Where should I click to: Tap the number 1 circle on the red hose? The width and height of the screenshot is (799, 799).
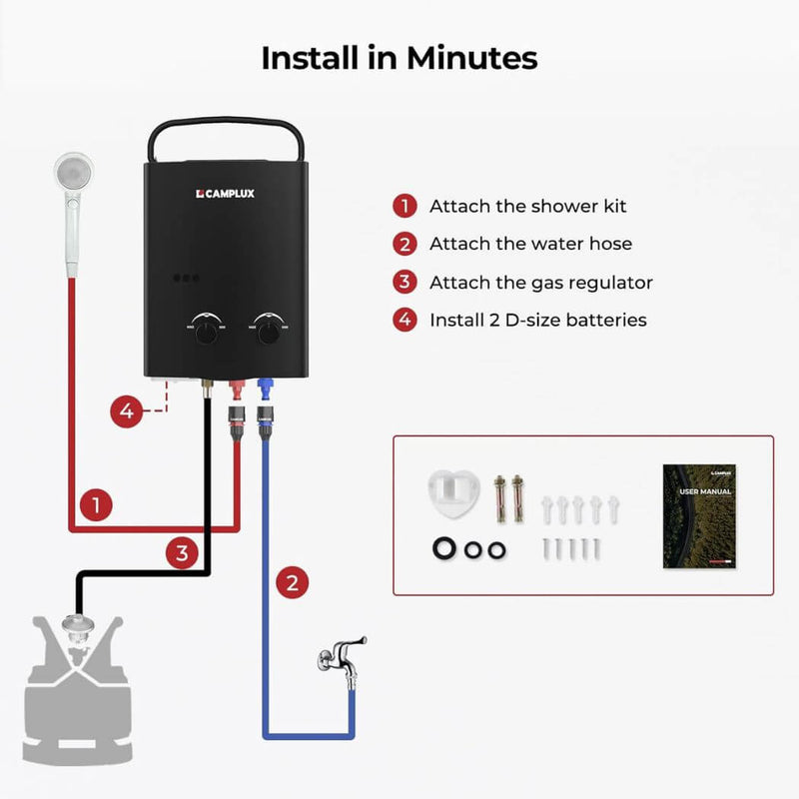(95, 505)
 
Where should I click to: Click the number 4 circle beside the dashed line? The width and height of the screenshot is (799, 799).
(125, 410)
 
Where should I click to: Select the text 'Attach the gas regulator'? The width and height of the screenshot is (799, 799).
(540, 283)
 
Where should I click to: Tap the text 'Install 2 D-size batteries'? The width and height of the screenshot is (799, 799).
(537, 321)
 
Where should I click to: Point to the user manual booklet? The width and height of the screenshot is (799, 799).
(699, 515)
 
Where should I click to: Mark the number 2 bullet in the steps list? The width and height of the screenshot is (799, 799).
(404, 245)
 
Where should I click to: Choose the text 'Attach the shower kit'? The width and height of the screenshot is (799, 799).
(527, 207)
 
